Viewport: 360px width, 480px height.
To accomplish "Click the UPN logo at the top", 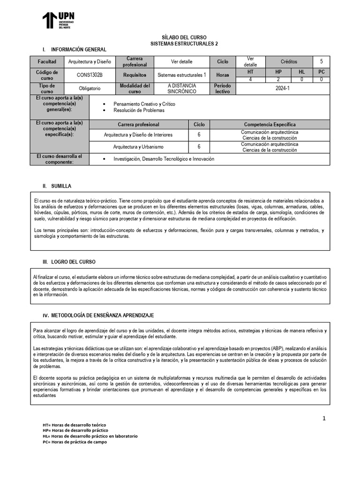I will [59, 20].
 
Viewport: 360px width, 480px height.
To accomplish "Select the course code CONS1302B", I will [90, 75].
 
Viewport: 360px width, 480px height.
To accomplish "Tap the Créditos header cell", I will [289, 61].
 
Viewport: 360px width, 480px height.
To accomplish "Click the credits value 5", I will [321, 61].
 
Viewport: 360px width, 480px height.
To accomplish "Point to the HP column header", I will [278, 72].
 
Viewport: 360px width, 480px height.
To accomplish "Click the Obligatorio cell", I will [89, 88].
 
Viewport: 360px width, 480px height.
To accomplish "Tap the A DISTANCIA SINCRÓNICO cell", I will [181, 89].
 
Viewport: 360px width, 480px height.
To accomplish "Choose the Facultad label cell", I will [47, 61].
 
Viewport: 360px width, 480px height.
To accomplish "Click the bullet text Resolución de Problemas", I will [139, 111].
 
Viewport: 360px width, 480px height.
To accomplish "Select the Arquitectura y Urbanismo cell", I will [138, 147].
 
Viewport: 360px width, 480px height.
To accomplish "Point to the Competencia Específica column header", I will [270, 125].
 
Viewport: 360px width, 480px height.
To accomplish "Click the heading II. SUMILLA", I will [57, 186].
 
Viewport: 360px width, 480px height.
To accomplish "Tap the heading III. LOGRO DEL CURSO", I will [69, 262].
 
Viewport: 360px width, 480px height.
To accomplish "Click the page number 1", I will [323, 418].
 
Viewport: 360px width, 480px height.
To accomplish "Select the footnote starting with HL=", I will [90, 436].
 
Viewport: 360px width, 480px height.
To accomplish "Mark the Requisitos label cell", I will [135, 75].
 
